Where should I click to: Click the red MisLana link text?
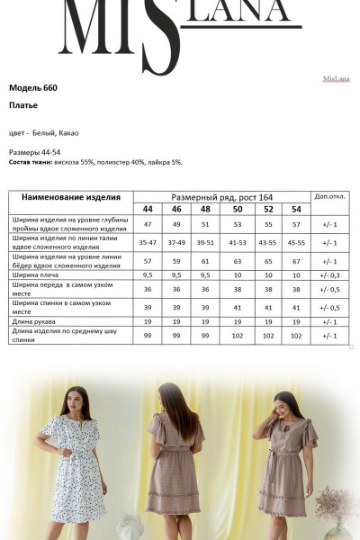[335, 79]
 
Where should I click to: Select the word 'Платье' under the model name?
[23, 105]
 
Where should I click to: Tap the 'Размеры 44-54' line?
[35, 152]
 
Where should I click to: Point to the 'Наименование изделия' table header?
[70, 197]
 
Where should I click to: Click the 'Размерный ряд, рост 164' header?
[221, 197]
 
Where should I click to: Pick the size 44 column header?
[148, 209]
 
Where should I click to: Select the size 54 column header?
[296, 209]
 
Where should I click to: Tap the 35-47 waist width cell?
[148, 243]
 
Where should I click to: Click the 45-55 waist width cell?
[296, 243]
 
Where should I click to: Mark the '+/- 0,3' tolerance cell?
[328, 274]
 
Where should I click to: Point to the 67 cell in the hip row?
[296, 260]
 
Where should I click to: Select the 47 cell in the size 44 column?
[148, 224]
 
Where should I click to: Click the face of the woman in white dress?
[74, 397]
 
